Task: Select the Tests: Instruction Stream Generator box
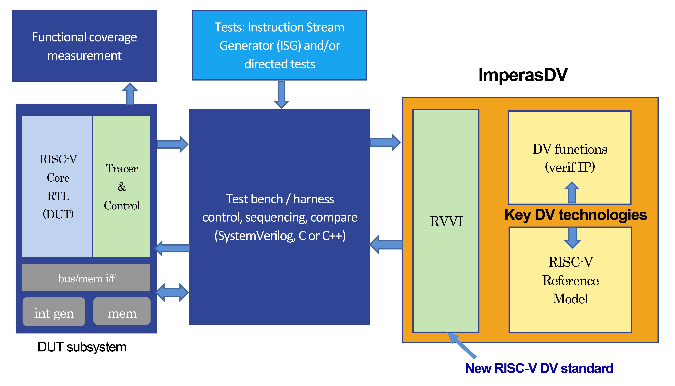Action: click(279, 45)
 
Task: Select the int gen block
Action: click(54, 312)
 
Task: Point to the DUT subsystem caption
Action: click(82, 347)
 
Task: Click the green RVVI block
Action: click(446, 221)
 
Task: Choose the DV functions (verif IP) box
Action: click(570, 157)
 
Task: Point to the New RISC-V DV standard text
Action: click(539, 368)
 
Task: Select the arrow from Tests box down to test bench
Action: click(281, 94)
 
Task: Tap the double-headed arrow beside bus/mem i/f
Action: click(172, 292)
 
